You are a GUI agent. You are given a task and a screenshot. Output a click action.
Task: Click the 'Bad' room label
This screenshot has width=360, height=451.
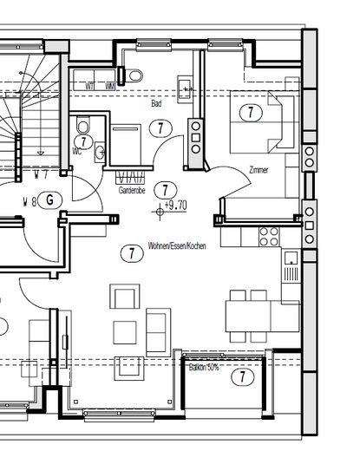coord(156,104)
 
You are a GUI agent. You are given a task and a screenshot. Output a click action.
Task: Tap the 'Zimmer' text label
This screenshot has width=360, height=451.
coord(258,170)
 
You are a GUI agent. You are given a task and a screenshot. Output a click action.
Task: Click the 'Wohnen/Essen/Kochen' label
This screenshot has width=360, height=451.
coord(176,245)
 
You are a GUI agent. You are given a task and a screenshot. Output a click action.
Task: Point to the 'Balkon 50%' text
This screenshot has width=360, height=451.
coord(205,368)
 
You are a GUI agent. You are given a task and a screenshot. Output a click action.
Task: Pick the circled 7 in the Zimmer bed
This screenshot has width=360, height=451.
coord(251,111)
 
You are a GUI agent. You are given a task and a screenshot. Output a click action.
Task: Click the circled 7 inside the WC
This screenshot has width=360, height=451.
coord(82,141)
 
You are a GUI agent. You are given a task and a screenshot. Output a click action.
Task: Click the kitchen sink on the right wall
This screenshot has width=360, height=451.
coord(291,260)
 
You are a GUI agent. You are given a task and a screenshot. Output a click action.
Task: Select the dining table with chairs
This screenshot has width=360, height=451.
coord(251,310)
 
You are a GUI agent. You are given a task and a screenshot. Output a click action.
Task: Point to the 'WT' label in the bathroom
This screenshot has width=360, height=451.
coord(89,86)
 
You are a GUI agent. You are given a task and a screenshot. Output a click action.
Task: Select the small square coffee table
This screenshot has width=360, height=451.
coord(126,330)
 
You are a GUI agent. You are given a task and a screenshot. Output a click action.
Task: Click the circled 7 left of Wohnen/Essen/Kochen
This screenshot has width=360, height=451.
coord(130,253)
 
